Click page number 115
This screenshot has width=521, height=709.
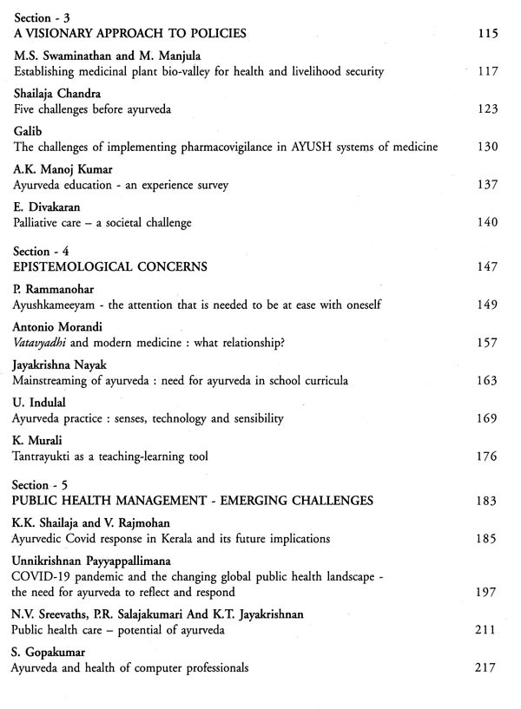pyautogui.click(x=488, y=34)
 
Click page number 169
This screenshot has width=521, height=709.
pyautogui.click(x=488, y=418)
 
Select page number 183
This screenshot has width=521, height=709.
pyautogui.click(x=488, y=501)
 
